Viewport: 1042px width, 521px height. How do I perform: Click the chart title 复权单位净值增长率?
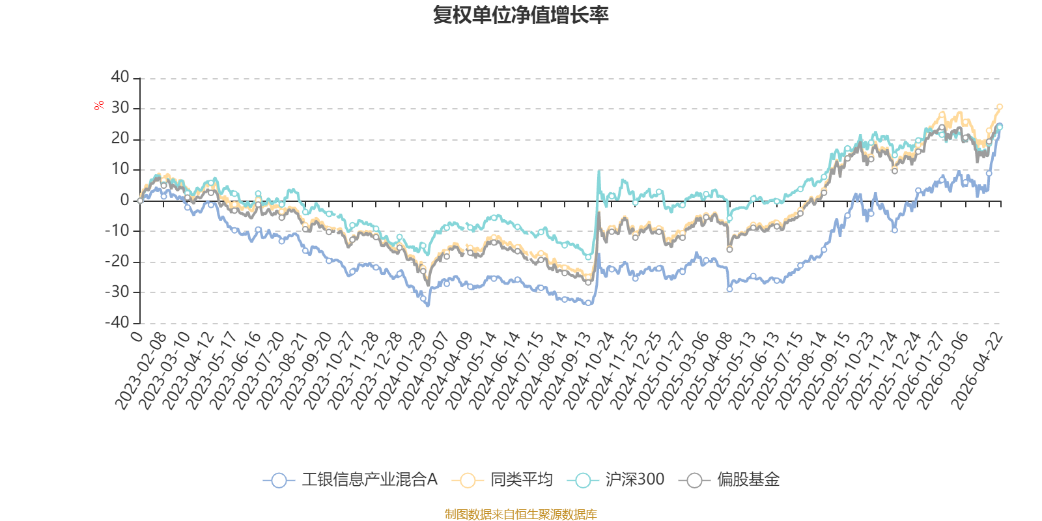520,15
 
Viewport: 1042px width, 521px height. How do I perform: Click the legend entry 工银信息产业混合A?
350,479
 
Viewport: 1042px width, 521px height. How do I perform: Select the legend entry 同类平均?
502,479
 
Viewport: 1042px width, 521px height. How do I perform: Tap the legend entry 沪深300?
615,479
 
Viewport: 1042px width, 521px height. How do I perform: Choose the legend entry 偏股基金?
729,479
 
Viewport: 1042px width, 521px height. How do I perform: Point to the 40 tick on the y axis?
120,77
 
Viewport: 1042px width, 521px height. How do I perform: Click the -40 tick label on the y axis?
117,322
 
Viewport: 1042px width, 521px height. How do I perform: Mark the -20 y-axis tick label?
117,261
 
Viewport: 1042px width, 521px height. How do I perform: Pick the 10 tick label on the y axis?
120,169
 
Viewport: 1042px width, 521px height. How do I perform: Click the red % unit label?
98,106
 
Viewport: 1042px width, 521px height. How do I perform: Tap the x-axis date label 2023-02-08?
141,371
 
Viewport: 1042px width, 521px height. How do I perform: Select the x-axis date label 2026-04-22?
976,371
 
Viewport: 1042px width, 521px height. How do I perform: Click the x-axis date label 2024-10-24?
589,371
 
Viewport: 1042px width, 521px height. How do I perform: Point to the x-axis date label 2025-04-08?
707,371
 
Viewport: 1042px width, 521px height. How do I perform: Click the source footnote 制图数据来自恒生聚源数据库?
520,514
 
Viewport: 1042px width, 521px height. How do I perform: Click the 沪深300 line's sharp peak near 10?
598,171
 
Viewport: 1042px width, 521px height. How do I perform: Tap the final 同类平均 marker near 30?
999,107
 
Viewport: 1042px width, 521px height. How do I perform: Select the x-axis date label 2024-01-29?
400,371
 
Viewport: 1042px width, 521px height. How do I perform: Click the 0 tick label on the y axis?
124,199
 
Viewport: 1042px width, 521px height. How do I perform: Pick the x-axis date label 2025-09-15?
824,371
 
